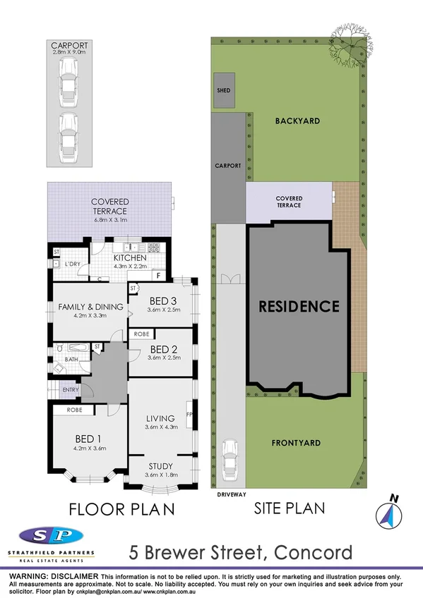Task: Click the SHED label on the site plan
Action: point(223,91)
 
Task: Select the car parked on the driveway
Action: point(230,458)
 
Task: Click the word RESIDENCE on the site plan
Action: point(298,307)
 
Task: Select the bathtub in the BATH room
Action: point(71,348)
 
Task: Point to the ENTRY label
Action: point(71,390)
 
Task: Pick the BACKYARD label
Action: point(297,121)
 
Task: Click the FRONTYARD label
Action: point(296,443)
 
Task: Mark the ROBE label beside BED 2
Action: point(141,334)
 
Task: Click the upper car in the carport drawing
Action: point(68,78)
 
